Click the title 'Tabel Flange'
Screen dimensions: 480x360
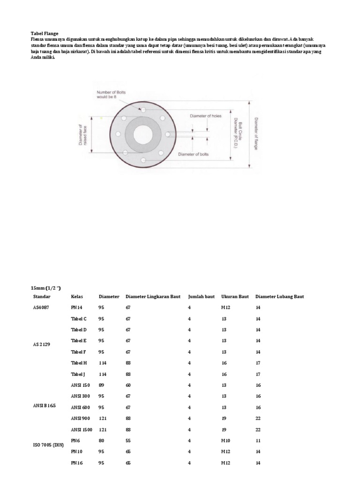coord(45,34)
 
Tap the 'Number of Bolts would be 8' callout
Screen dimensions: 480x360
coord(112,96)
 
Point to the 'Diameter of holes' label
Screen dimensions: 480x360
coord(205,115)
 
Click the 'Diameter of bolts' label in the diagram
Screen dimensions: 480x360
coord(194,154)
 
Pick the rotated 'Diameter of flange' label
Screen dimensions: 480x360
coord(256,134)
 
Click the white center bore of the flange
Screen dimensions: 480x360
coord(143,135)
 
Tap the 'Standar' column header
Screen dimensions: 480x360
coord(42,297)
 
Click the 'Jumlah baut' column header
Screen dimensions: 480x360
coord(201,297)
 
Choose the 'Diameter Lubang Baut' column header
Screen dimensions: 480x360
coord(280,297)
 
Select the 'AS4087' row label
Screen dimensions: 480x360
coord(41,307)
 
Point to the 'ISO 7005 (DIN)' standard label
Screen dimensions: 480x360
coord(48,444)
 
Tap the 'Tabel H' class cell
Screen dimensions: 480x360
coord(79,363)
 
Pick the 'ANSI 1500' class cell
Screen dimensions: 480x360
coord(82,429)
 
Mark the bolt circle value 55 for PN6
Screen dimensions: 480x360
coord(128,441)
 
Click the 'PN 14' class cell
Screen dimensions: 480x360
coord(77,307)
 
